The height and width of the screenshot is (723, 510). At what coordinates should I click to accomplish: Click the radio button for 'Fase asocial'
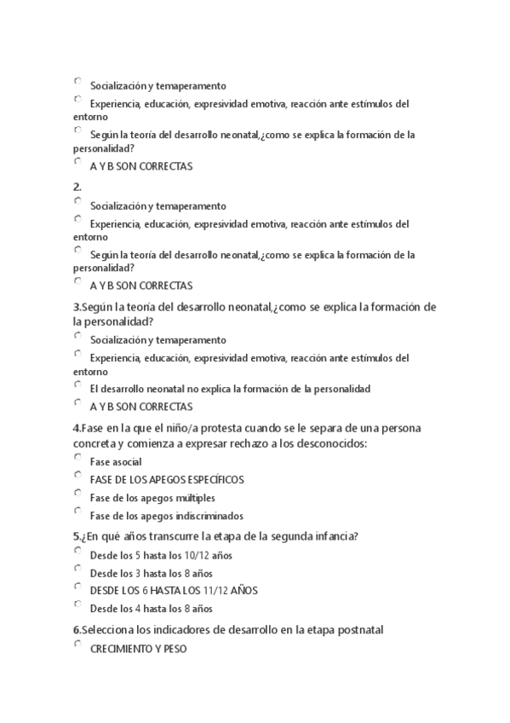pyautogui.click(x=78, y=458)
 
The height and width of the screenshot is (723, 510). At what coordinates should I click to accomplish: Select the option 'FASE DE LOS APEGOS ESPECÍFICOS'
pyautogui.click(x=78, y=476)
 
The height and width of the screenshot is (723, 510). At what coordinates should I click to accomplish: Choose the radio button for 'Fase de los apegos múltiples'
pyautogui.click(x=78, y=494)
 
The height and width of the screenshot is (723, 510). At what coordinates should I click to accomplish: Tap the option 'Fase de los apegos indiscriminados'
pyautogui.click(x=78, y=512)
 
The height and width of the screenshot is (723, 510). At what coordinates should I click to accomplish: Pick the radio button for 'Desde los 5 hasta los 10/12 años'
pyautogui.click(x=78, y=552)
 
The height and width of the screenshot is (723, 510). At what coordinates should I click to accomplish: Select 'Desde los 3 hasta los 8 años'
pyautogui.click(x=78, y=570)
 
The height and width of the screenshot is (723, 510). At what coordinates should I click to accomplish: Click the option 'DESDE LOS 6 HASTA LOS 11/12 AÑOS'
pyautogui.click(x=78, y=587)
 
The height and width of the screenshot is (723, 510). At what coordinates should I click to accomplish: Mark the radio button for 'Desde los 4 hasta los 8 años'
pyautogui.click(x=78, y=604)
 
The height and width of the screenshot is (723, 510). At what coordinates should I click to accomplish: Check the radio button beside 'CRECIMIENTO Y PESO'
pyautogui.click(x=78, y=645)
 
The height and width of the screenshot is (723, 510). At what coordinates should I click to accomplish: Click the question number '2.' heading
pyautogui.click(x=77, y=187)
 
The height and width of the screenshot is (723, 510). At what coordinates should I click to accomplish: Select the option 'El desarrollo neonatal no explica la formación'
pyautogui.click(x=78, y=385)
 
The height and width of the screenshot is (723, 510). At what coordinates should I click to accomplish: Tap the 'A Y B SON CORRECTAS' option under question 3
pyautogui.click(x=78, y=403)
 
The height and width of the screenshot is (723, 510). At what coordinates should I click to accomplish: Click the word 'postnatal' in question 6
pyautogui.click(x=361, y=630)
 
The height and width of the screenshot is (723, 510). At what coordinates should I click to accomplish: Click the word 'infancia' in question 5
pyautogui.click(x=331, y=536)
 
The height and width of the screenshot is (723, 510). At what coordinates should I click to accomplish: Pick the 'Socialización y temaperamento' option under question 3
pyautogui.click(x=78, y=336)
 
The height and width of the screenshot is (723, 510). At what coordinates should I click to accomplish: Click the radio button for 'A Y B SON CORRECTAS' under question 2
pyautogui.click(x=78, y=282)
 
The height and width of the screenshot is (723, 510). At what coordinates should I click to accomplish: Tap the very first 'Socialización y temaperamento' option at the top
pyautogui.click(x=78, y=82)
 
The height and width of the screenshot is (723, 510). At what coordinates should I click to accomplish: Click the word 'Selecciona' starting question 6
pyautogui.click(x=109, y=630)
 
